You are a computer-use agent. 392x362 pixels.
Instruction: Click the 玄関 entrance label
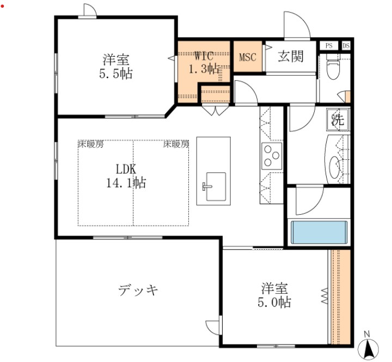290,56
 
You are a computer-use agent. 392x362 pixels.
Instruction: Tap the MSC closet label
248,56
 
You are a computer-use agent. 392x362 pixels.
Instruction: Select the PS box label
329,46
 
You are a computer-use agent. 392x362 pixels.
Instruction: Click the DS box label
346,46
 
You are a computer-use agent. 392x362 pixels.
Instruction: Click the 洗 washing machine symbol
338,120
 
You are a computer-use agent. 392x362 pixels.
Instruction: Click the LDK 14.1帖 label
126,176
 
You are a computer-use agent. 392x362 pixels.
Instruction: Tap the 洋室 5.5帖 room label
117,67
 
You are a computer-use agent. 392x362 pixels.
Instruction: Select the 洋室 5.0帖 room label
275,295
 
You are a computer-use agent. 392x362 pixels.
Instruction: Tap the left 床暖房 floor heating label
90,144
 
